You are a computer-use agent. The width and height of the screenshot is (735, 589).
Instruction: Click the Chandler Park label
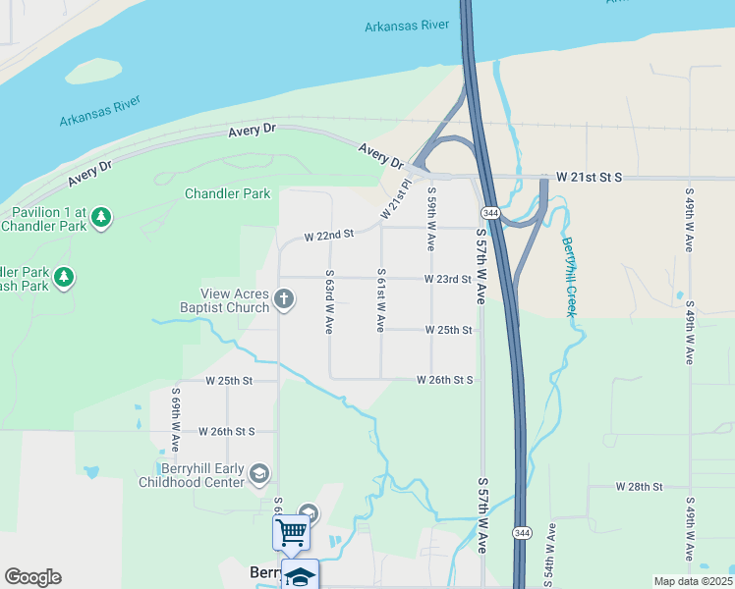[x=227, y=193]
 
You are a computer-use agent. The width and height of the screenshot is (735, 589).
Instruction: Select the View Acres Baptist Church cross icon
[x=284, y=299]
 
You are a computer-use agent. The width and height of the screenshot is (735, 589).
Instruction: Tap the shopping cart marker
[x=291, y=533]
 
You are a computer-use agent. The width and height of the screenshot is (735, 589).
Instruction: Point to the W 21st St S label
[x=590, y=178]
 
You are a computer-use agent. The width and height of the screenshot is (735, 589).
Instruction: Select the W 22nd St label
[x=328, y=236]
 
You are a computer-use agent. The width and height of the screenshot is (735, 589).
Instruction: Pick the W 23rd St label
[x=448, y=279]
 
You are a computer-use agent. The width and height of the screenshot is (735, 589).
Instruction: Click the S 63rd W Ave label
[x=330, y=301]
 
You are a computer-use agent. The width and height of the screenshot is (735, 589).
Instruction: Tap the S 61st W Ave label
[x=380, y=299]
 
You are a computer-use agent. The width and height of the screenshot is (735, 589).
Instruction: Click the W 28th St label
[x=640, y=487]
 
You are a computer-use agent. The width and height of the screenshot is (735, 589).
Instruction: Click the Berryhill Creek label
[x=569, y=276]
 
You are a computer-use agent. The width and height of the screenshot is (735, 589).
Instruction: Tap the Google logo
[x=32, y=577]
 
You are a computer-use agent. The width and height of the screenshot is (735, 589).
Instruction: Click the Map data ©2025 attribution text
[x=693, y=581]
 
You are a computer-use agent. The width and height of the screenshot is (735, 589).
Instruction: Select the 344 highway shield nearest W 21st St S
[x=489, y=213]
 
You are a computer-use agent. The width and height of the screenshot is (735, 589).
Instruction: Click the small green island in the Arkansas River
[x=94, y=70]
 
